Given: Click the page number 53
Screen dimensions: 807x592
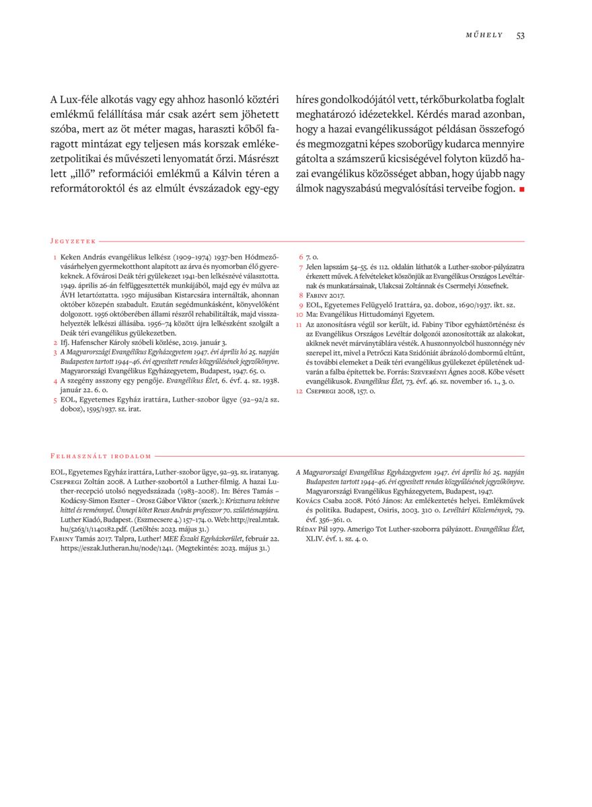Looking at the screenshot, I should [x=520, y=36].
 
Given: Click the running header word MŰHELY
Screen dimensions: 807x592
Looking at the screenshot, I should [x=484, y=36].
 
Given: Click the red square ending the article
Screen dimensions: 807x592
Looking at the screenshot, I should [x=521, y=190].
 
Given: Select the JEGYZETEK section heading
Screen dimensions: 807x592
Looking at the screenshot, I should [x=73, y=240].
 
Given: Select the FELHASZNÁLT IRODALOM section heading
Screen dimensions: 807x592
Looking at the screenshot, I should [x=101, y=455].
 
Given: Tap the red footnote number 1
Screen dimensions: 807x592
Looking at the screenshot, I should [x=54, y=257].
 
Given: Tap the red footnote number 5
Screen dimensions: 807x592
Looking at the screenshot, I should [x=54, y=399].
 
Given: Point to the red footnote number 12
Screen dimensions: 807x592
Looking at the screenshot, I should [x=300, y=390].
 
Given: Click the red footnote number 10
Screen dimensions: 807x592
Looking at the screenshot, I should [x=300, y=314].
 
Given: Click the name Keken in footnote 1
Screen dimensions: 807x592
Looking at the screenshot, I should [x=71, y=257].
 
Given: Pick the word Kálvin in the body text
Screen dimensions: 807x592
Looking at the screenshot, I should [x=200, y=175].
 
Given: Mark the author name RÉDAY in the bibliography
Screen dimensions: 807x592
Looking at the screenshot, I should [x=309, y=529].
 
